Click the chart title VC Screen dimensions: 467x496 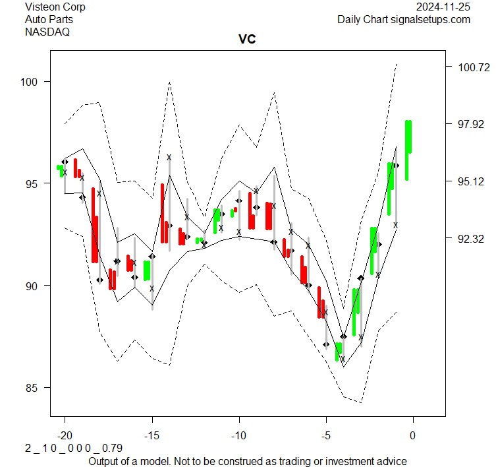point(247,40)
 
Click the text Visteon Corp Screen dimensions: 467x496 point(55,7)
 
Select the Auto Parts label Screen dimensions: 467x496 point(49,19)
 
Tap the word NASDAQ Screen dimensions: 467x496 point(47,31)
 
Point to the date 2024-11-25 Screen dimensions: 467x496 point(443,7)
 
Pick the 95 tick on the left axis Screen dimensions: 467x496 point(32,183)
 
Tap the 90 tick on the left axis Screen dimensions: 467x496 point(32,286)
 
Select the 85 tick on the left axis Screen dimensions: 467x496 point(32,387)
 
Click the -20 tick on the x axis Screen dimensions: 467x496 point(65,435)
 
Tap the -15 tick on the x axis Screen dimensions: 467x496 point(152,435)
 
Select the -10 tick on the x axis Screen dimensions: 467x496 point(239,435)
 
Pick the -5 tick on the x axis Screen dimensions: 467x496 point(326,435)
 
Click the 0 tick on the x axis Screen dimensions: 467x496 point(413,435)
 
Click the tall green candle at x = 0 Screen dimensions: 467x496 point(408,145)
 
